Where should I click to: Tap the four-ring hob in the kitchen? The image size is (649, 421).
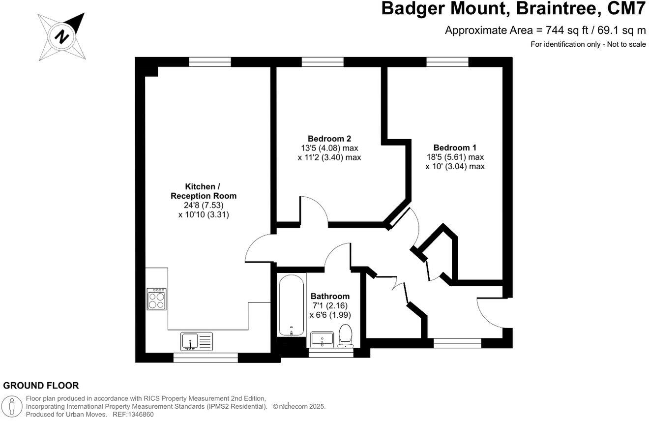click(156, 299)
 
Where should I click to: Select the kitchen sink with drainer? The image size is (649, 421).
click(197, 341)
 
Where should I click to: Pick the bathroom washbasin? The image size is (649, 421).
click(322, 339)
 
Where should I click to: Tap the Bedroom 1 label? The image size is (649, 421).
click(455, 148)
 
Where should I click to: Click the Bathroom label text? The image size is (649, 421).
click(330, 296)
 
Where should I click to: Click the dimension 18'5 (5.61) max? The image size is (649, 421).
click(455, 157)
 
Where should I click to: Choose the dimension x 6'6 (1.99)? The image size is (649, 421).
click(330, 315)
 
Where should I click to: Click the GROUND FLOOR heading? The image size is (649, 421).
click(41, 386)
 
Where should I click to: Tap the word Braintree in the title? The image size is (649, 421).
click(548, 9)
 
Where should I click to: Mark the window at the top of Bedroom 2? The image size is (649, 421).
click(323, 61)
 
